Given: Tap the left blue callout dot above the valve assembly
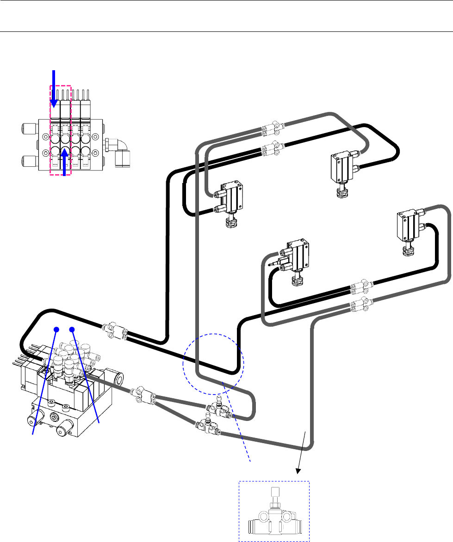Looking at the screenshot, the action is (x=56, y=329).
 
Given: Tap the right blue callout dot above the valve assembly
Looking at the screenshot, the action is (x=72, y=329).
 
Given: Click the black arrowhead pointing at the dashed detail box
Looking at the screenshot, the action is (x=298, y=470).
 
